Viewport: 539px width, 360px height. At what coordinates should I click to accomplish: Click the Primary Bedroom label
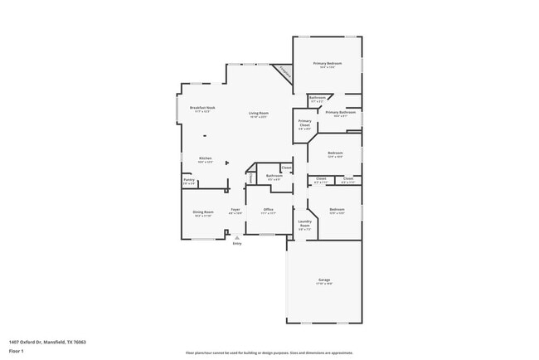click(327, 64)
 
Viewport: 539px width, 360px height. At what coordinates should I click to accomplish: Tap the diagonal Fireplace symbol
click(284, 74)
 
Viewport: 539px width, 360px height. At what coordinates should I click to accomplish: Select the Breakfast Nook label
click(202, 108)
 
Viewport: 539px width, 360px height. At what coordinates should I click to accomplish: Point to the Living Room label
click(259, 113)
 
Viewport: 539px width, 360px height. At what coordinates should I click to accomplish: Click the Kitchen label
click(205, 158)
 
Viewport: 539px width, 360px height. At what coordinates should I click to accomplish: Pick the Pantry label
click(188, 180)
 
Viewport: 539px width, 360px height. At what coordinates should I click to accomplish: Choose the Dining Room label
click(204, 211)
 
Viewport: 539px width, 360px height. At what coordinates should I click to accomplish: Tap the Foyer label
click(236, 210)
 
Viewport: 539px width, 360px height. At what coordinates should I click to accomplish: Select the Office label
click(268, 209)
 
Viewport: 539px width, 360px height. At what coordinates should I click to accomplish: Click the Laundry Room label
click(303, 224)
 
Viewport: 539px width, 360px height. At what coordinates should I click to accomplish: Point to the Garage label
click(323, 280)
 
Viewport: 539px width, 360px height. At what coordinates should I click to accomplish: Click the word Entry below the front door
click(237, 244)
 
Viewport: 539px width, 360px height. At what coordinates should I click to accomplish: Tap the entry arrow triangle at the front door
click(237, 237)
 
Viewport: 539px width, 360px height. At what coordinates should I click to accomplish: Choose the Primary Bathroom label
click(340, 112)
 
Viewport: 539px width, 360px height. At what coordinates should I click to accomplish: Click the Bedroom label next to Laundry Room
click(337, 209)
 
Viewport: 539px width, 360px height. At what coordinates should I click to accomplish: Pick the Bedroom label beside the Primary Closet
click(335, 153)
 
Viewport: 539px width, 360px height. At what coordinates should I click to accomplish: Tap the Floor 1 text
click(16, 351)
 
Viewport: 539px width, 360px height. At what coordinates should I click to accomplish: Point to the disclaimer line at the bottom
click(269, 353)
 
